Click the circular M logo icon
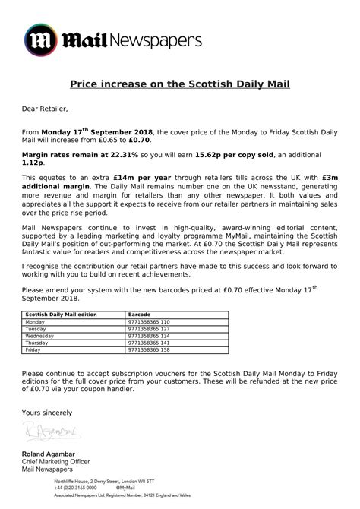pos(41,40)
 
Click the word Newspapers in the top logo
pos(159,39)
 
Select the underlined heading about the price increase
pos(179,84)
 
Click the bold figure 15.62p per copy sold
pos(236,153)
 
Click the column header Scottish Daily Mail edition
pos(59,313)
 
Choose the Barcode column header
pos(141,313)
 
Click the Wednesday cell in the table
pos(40,335)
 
